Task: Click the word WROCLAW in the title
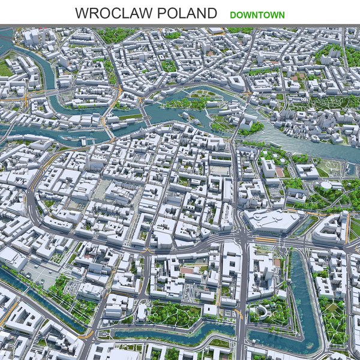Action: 111,13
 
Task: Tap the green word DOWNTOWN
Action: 257,14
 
